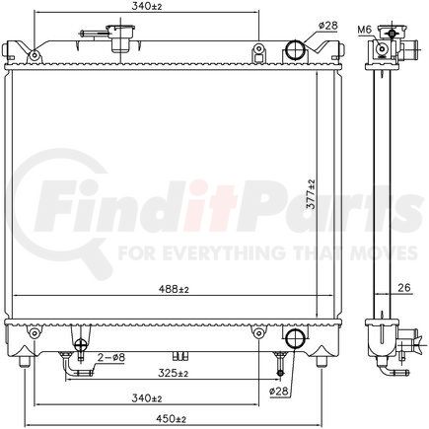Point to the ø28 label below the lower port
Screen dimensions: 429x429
(x=279, y=393)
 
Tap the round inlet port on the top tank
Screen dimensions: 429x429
(x=296, y=52)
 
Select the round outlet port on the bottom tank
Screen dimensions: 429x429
(x=294, y=339)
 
